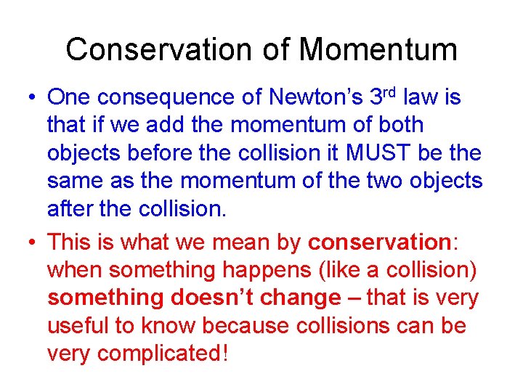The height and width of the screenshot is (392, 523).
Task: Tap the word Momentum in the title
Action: [x=378, y=50]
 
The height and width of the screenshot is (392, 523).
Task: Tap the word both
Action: [x=399, y=126]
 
